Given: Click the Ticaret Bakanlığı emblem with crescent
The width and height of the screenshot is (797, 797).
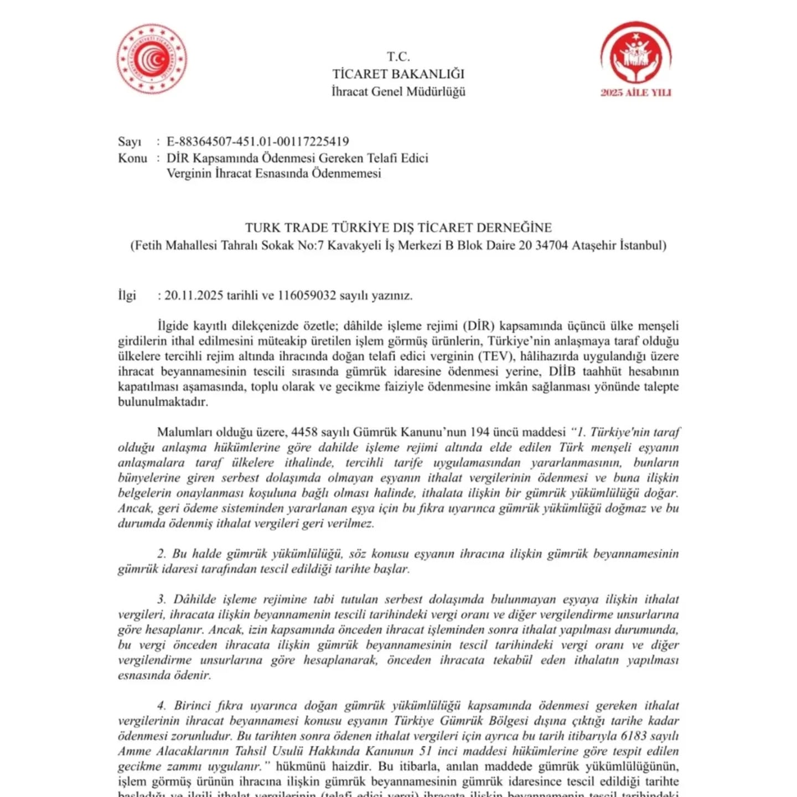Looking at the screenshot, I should click(152, 59).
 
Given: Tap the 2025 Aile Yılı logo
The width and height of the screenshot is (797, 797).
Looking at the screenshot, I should click(636, 60).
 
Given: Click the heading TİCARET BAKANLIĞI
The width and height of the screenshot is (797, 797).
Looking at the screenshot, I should click(398, 74).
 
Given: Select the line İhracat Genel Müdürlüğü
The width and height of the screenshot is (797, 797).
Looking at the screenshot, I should click(398, 92).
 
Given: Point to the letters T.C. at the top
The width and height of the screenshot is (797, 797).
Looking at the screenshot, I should click(398, 56).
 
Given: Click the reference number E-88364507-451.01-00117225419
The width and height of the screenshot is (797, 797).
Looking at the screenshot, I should click(258, 142).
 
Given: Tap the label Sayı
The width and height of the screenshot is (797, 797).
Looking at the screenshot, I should click(130, 142).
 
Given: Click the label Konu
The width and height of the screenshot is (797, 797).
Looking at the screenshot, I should click(132, 158).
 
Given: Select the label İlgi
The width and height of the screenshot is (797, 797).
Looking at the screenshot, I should click(127, 296).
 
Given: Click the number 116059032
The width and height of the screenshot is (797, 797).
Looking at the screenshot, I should click(307, 296).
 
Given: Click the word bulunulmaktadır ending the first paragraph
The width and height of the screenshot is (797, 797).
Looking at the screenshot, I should click(163, 402).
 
